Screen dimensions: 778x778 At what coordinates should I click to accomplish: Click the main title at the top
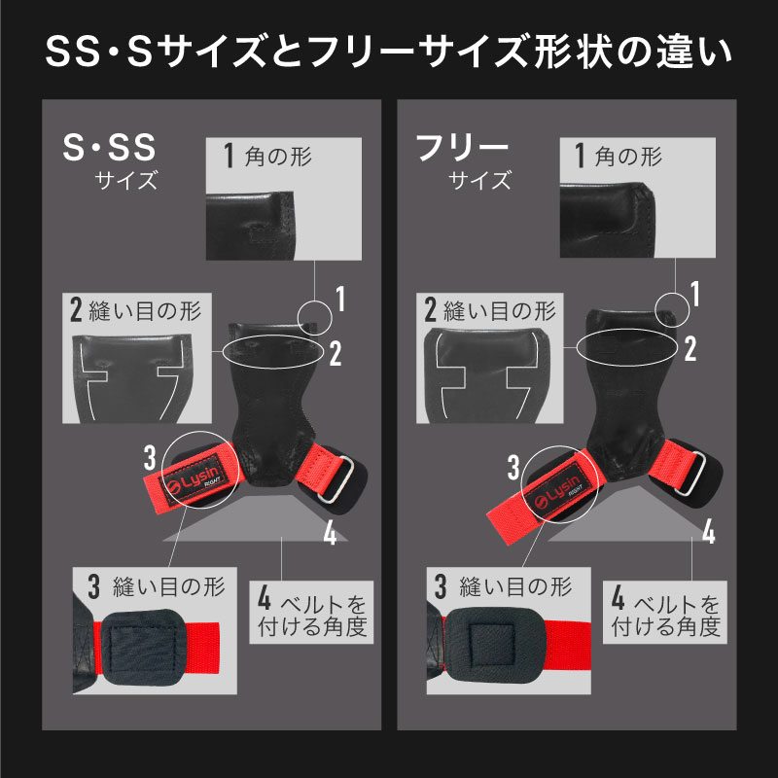388,52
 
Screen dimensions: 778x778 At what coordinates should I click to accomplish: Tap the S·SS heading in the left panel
110,148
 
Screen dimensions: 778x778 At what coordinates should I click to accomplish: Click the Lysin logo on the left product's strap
194,479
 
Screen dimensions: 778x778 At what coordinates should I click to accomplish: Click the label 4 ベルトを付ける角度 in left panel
311,613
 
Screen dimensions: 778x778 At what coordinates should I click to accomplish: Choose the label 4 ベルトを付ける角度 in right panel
665,613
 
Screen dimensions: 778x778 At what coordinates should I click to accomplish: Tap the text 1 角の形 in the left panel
267,156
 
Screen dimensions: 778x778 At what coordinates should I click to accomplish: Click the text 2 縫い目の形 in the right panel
490,310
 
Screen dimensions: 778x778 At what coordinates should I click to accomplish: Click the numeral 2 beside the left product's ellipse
336,353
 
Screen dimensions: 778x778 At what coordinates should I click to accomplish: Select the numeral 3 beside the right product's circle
513,467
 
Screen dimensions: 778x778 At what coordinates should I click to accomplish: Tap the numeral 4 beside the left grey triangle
330,533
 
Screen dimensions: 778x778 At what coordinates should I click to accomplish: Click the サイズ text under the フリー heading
479,180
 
